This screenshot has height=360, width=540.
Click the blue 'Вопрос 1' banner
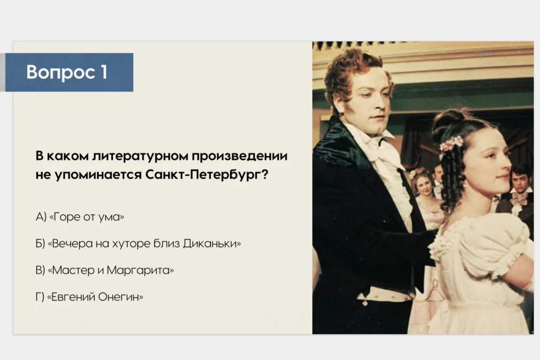(x=69, y=72)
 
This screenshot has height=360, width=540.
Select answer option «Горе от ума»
(x=80, y=217)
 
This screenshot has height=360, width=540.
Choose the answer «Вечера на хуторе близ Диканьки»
(x=138, y=243)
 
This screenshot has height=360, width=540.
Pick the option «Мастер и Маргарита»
(x=104, y=270)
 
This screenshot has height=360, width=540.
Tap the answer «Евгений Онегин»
(x=89, y=297)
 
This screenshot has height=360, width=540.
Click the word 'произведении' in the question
(x=240, y=156)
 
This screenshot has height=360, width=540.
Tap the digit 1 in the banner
(x=104, y=72)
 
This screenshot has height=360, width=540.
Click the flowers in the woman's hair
(x=450, y=144)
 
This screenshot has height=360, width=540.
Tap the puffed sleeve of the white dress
(x=480, y=244)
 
